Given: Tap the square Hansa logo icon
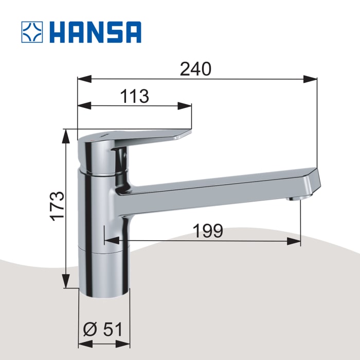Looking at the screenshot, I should (x=32, y=32).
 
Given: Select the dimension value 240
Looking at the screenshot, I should (x=195, y=69).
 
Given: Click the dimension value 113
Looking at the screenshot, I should (x=134, y=96).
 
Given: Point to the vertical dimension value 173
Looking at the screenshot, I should (x=58, y=206).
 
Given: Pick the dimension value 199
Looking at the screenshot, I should (x=208, y=231).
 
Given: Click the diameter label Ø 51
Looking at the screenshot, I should (x=103, y=329).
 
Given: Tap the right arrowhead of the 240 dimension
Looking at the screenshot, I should (x=311, y=79).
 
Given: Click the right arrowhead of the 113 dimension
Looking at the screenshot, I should (x=185, y=105).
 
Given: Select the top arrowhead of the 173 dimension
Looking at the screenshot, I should (x=66, y=135).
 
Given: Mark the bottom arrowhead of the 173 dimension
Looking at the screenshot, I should (x=66, y=282).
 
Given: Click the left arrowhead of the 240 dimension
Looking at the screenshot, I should (x=84, y=79).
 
